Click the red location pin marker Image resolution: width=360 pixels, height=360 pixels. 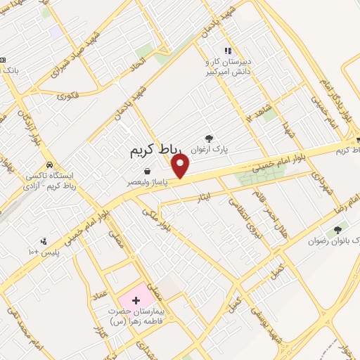click(x=181, y=167)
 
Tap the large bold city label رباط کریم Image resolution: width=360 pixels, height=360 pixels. click(x=156, y=150)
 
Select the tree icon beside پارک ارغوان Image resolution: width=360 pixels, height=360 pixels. click(x=208, y=139)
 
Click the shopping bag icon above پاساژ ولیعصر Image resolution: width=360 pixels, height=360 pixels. click(x=146, y=171)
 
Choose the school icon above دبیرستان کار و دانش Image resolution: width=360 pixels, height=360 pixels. click(x=227, y=51)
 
